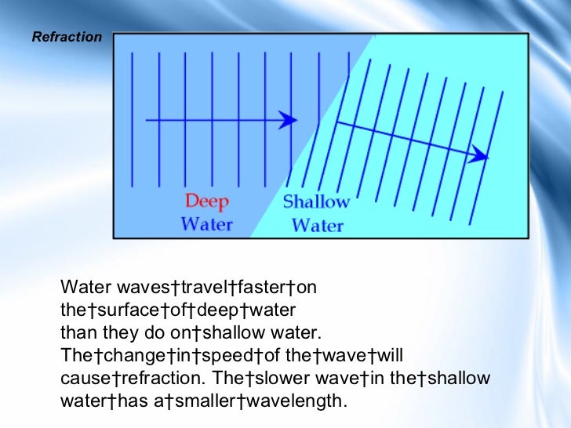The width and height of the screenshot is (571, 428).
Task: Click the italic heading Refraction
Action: pyautogui.click(x=67, y=37)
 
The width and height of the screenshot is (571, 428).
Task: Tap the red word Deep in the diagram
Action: pyautogui.click(x=207, y=201)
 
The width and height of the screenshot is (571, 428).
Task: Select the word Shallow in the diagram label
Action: pyautogui.click(x=315, y=202)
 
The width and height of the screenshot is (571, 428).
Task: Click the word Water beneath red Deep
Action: pyautogui.click(x=207, y=224)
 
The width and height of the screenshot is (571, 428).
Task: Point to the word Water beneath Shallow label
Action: pyautogui.click(x=318, y=226)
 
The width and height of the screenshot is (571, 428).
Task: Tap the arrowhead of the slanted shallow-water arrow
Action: pyautogui.click(x=479, y=156)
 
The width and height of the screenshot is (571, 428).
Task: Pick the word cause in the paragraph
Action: pyautogui.click(x=82, y=378)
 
